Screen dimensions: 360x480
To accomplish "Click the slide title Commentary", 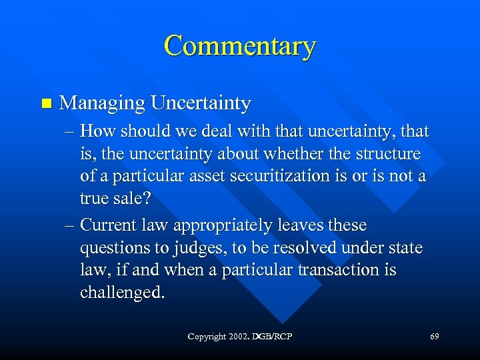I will [x=239, y=47].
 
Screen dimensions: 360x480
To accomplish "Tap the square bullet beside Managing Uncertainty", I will [x=45, y=103].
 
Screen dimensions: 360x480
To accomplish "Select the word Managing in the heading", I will [x=102, y=104].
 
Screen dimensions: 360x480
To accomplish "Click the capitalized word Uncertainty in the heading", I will [x=201, y=104].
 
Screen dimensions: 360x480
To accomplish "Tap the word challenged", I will [x=121, y=293].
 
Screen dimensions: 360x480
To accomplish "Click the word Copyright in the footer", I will [x=207, y=337].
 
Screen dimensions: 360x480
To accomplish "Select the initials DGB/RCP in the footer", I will [x=273, y=337].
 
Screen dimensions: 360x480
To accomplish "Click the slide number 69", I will [x=434, y=337].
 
